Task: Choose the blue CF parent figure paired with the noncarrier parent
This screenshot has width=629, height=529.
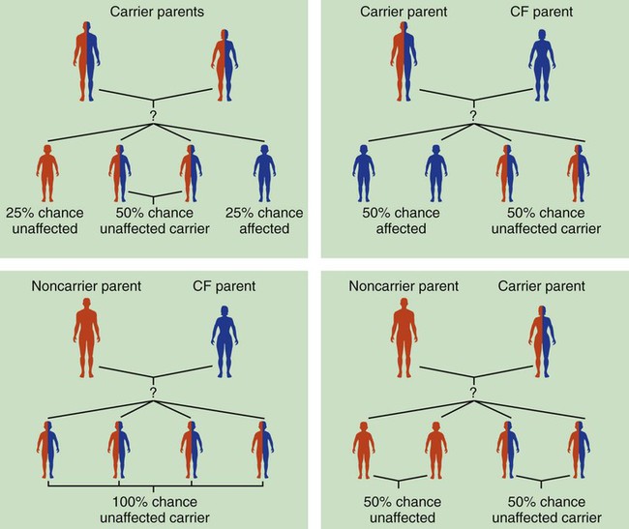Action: tap(222, 338)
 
